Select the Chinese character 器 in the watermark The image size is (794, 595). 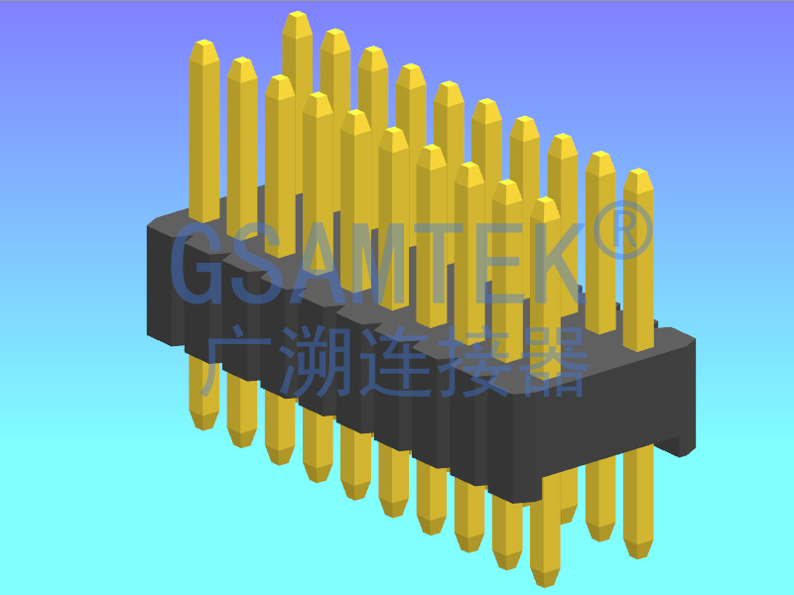557,362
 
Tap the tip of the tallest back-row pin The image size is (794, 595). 297,19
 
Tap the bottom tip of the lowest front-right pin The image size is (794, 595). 545,581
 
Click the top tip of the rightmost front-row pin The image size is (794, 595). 544,203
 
